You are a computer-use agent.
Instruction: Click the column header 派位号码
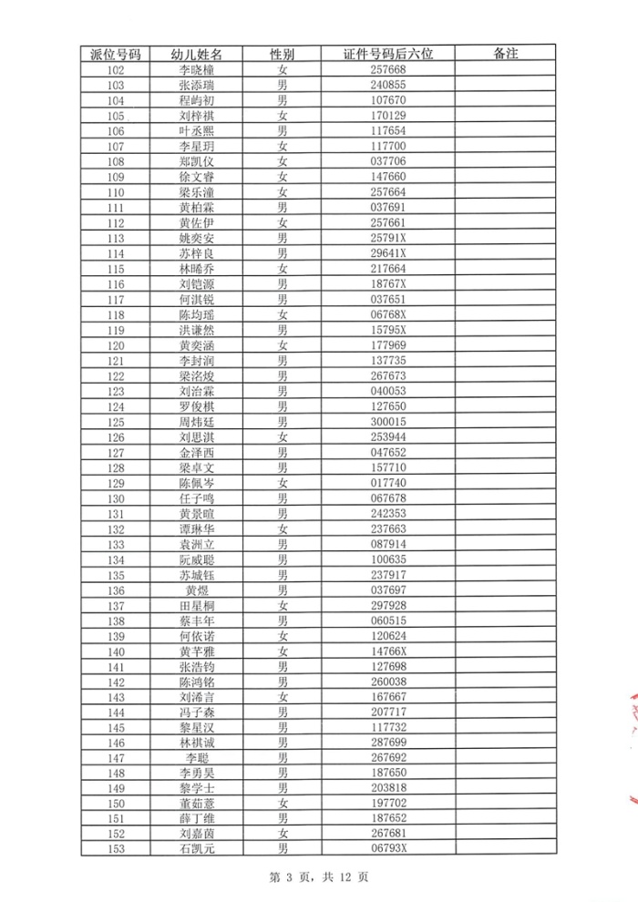(x=115, y=54)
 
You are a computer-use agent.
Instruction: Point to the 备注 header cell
(x=505, y=54)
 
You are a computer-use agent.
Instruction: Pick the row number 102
(x=115, y=69)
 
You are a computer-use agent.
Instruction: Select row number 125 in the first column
(x=115, y=422)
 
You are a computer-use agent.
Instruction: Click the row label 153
(x=115, y=849)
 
